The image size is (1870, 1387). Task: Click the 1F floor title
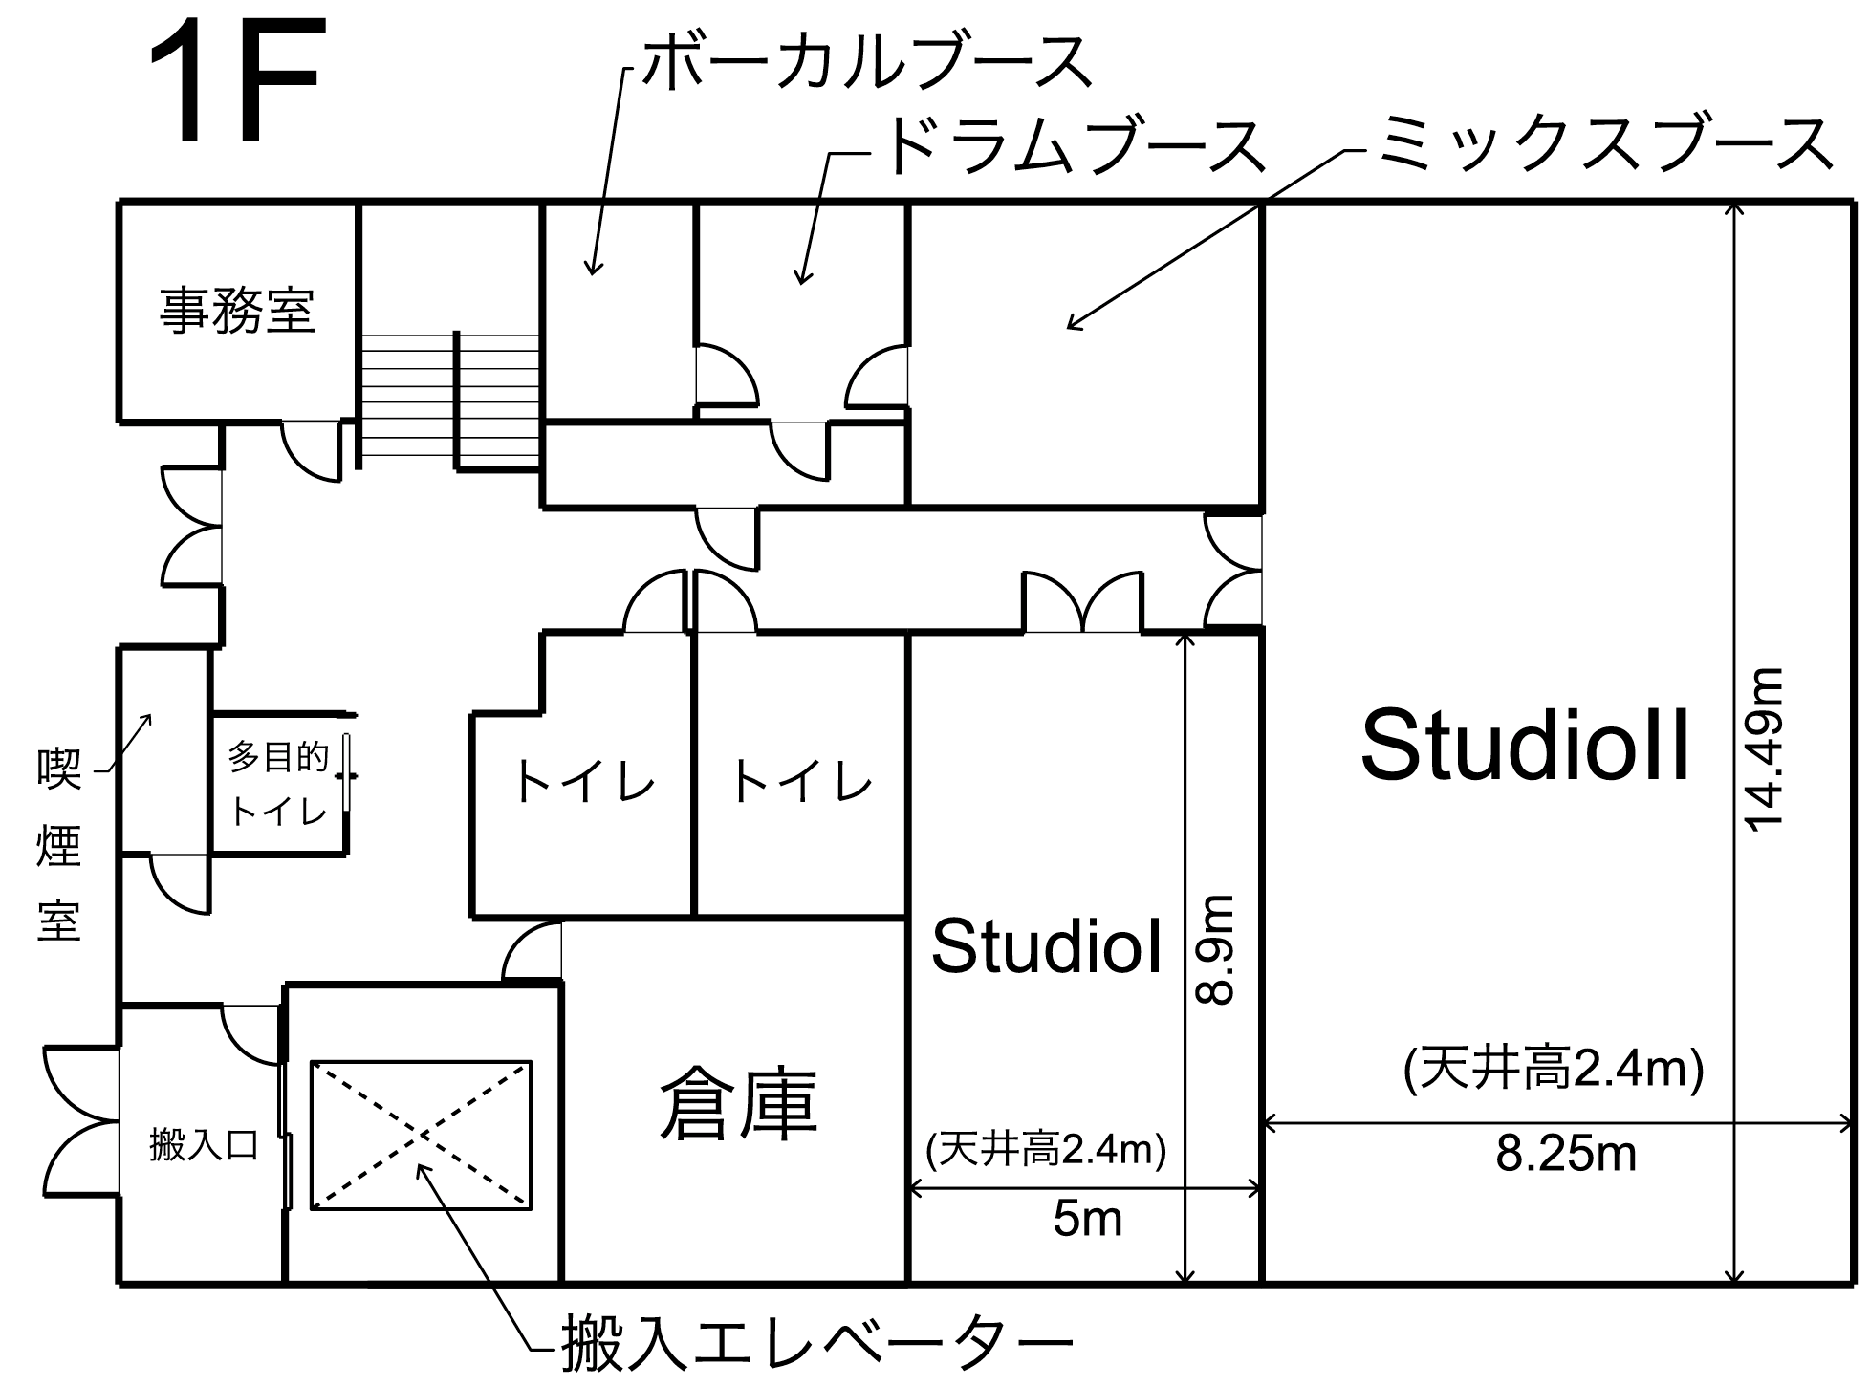(x=234, y=84)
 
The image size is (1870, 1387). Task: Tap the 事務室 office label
(x=237, y=311)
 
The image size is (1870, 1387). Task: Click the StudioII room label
(x=1526, y=746)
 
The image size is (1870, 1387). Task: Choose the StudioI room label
(x=1047, y=947)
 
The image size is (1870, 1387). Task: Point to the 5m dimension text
(x=1087, y=1219)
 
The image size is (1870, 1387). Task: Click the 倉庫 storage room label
(x=738, y=1104)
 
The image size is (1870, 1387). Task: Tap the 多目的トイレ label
(x=278, y=784)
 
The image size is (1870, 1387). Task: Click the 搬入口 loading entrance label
(x=205, y=1144)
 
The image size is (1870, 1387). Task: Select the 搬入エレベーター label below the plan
(x=817, y=1344)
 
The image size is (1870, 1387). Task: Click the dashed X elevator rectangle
(x=421, y=1135)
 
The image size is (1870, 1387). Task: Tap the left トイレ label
(x=584, y=782)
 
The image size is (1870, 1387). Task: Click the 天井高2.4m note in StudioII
(x=1554, y=1069)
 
